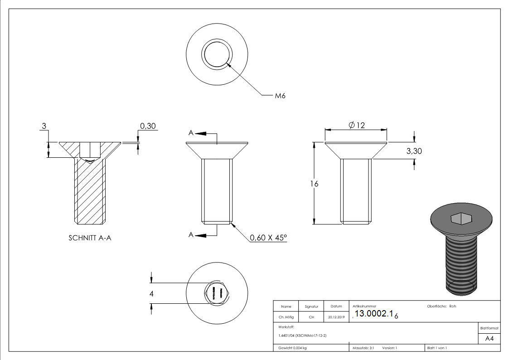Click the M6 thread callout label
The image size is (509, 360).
tap(280, 96)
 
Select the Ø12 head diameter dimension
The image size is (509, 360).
tap(357, 125)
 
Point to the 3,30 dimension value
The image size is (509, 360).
tap(413, 151)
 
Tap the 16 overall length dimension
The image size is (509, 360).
tap(314, 184)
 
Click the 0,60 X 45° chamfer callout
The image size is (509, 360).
tap(268, 238)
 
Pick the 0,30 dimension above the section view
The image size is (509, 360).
tap(148, 126)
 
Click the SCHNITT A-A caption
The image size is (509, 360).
tap(90, 238)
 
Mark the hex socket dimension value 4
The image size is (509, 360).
tap(152, 294)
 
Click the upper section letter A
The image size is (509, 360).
tap(191, 133)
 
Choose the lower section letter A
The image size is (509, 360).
tap(191, 235)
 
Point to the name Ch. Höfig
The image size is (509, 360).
tap(286, 317)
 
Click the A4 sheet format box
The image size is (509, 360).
tap(489, 339)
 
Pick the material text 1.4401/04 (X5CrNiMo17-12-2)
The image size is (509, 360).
tap(302, 336)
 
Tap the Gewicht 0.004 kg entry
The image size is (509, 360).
tap(293, 348)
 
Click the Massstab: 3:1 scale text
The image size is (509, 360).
tap(363, 348)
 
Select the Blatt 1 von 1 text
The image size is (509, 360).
tap(436, 348)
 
